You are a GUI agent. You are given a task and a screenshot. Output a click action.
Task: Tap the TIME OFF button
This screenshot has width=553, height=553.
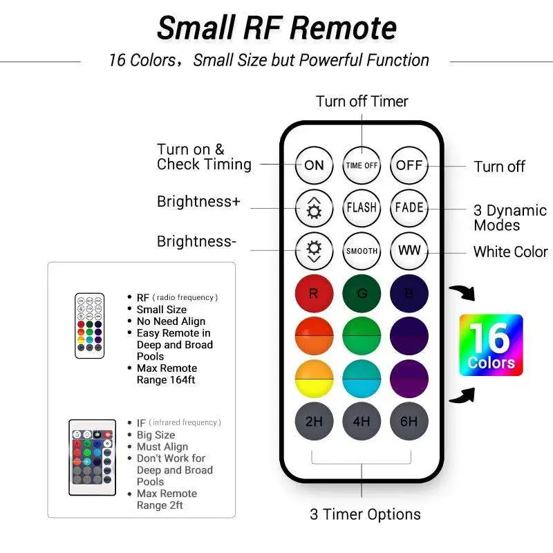pyautogui.click(x=362, y=165)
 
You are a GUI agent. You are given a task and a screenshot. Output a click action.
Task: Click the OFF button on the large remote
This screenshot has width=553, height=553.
pyautogui.click(x=409, y=165)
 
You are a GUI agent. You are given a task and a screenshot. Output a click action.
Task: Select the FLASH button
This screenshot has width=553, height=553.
pyautogui.click(x=362, y=207)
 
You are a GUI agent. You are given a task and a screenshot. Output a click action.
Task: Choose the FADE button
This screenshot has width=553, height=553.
pyautogui.click(x=409, y=207)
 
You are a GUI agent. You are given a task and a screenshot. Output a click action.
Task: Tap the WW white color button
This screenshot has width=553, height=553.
pyautogui.click(x=409, y=250)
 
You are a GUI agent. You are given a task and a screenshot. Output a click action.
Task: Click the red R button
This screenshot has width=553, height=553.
pyautogui.click(x=314, y=293)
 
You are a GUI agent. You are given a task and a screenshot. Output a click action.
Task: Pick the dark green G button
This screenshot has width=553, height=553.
pyautogui.click(x=362, y=293)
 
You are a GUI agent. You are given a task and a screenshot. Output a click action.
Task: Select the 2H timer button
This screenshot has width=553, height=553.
pyautogui.click(x=314, y=421)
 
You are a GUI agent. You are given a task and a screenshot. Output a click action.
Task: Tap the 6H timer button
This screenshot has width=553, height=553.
pyautogui.click(x=409, y=421)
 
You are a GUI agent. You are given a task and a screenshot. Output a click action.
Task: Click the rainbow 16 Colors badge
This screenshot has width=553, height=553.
pyautogui.click(x=491, y=346)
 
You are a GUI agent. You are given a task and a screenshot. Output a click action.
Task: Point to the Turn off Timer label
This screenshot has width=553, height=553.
pyautogui.click(x=362, y=102)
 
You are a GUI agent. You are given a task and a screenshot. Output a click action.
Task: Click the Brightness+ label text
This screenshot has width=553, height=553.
pyautogui.click(x=198, y=202)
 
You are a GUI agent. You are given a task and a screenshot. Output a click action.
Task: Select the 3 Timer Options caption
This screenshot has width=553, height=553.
pyautogui.click(x=365, y=514)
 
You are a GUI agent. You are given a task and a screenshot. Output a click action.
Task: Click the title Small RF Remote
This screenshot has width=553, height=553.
pyautogui.click(x=276, y=28)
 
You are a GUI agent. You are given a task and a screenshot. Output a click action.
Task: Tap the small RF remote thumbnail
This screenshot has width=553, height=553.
pyautogui.click(x=90, y=326)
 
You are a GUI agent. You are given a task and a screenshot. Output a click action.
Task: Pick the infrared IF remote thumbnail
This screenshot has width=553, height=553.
pyautogui.click(x=92, y=457)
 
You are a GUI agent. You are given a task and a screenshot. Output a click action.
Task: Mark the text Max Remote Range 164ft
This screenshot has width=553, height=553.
pyautogui.click(x=167, y=374)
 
